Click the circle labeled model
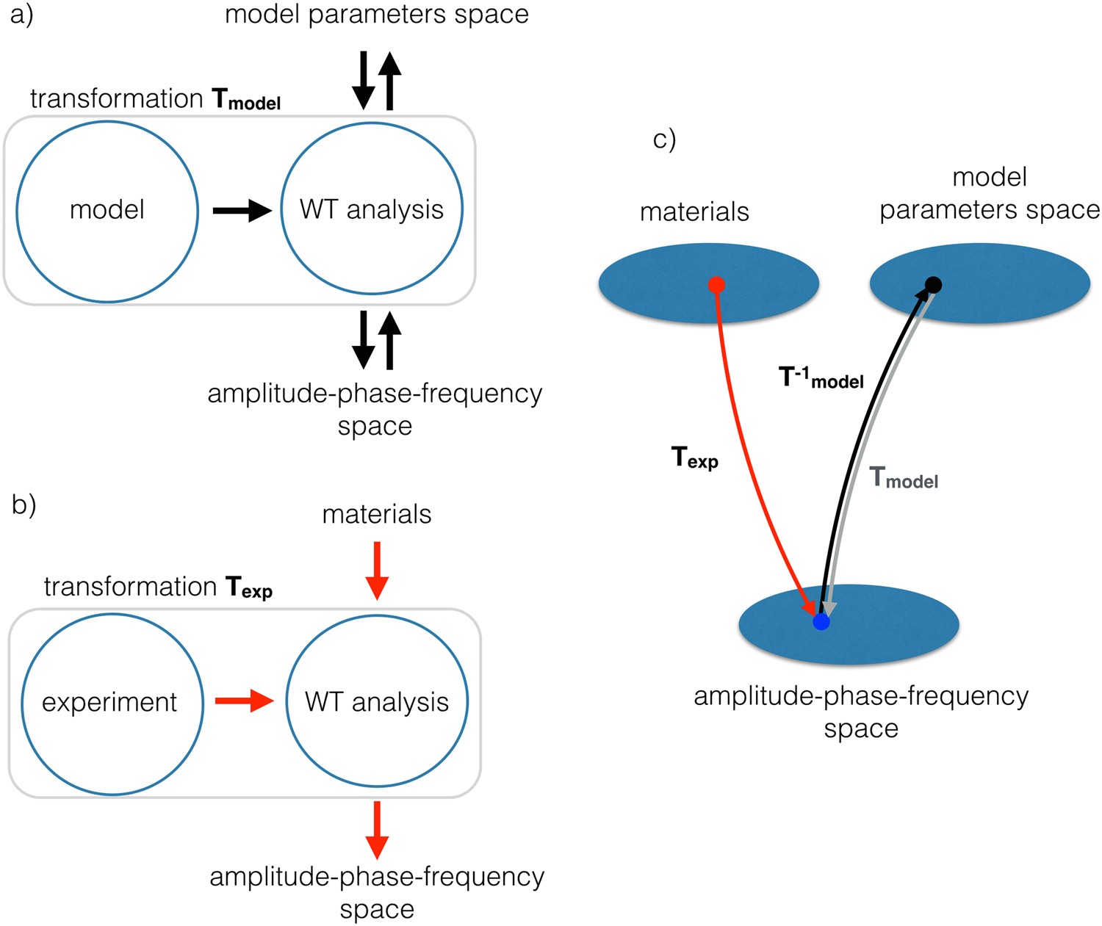[x=107, y=211]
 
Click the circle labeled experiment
[x=112, y=703]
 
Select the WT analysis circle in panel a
[x=372, y=209]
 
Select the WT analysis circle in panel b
[x=376, y=701]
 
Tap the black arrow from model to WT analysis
[x=242, y=211]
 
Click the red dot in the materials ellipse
[x=717, y=285]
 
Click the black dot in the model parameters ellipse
[x=933, y=284]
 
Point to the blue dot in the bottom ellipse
[x=821, y=622]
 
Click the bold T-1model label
[x=821, y=377]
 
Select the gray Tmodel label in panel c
[x=904, y=478]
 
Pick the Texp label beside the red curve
[x=694, y=457]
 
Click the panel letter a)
[x=21, y=15]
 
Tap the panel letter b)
[x=24, y=505]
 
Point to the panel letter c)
[x=664, y=139]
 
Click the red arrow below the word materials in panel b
[x=377, y=571]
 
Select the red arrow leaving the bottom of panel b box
[x=377, y=830]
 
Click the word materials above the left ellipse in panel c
[x=694, y=211]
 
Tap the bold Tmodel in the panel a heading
[x=246, y=99]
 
